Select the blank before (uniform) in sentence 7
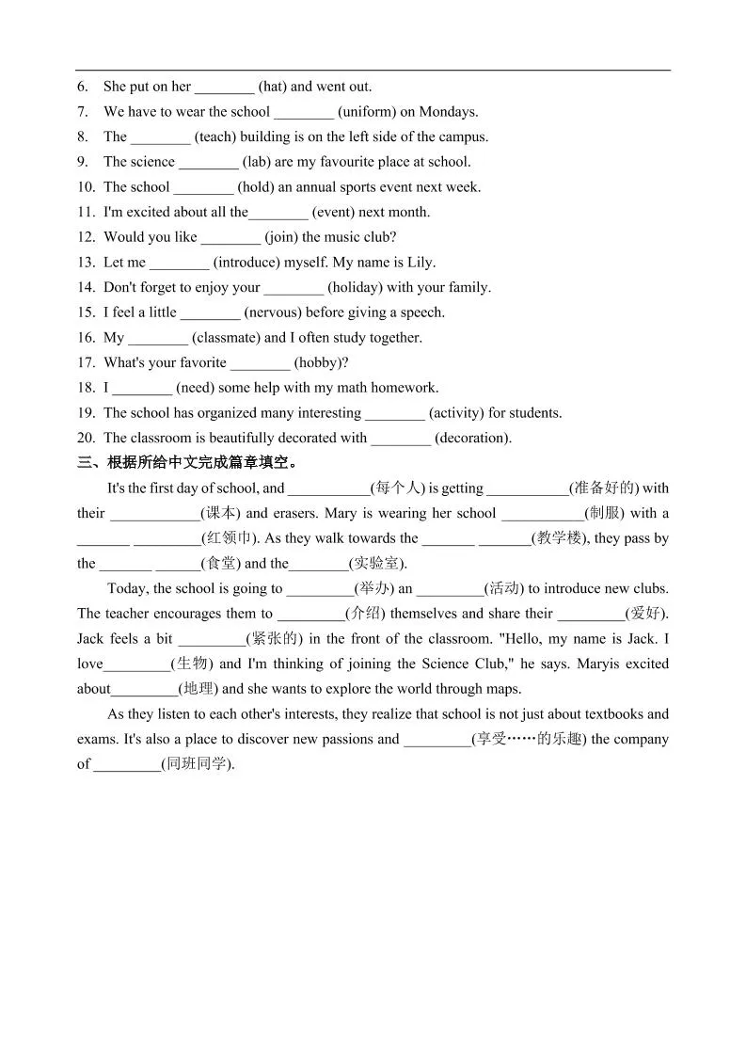tap(304, 112)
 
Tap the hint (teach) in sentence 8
tap(215, 137)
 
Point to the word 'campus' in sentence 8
tap(462, 137)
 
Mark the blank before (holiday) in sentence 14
tap(294, 288)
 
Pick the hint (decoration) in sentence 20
tap(473, 438)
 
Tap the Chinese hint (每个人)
tap(398, 488)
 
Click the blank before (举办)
tap(320, 590)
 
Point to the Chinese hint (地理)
tap(198, 689)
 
